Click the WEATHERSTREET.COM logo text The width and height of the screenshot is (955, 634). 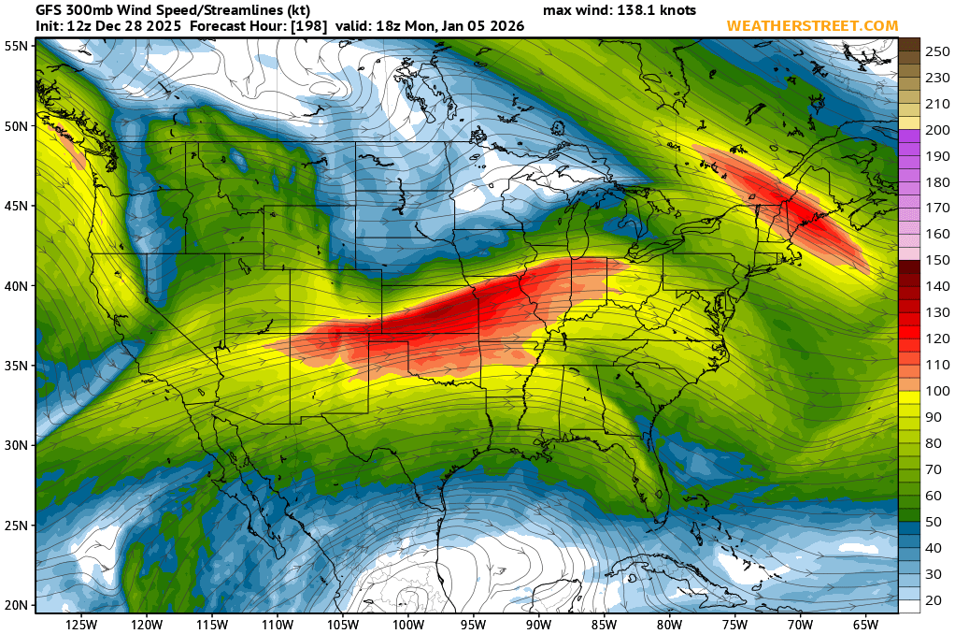click(x=812, y=26)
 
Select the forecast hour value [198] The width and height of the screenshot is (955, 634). click(x=307, y=26)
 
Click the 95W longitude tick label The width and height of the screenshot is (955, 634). click(x=474, y=625)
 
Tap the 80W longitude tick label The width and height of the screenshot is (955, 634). click(x=669, y=625)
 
